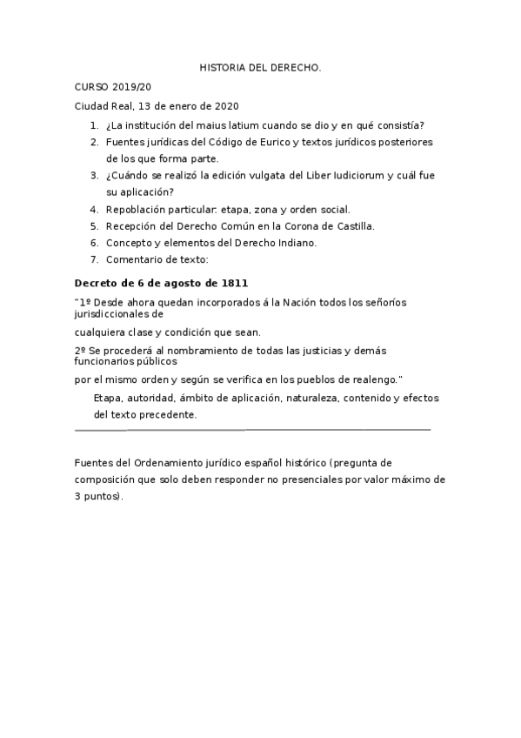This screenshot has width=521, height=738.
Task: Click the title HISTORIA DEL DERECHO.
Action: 260,66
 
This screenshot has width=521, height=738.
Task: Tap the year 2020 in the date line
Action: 224,106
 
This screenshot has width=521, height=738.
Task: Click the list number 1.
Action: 94,124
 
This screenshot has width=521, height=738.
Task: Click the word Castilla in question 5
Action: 353,226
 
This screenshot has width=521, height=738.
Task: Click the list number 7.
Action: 94,259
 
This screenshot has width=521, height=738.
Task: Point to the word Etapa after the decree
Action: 108,398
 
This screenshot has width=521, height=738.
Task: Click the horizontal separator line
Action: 252,430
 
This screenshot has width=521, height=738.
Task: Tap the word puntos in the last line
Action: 104,496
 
